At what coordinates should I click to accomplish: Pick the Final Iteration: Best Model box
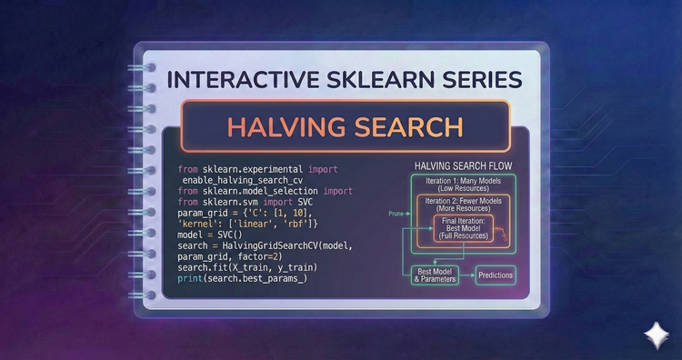click(x=464, y=228)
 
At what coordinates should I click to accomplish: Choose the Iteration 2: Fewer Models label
click(x=464, y=203)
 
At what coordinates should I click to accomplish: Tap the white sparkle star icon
click(x=655, y=333)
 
